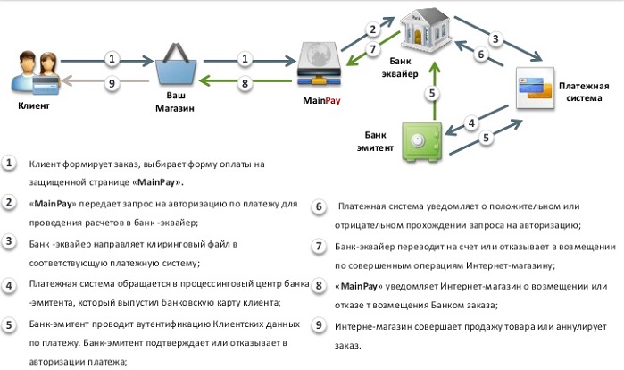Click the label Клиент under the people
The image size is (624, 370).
coord(34,105)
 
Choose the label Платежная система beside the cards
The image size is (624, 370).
coord(584,92)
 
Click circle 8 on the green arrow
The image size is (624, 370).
coord(245,84)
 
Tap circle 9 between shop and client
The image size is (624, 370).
coord(112,84)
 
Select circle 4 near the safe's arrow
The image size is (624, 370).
coord(472,122)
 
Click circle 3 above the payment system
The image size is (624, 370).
coord(496,38)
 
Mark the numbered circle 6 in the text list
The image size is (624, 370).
coord(320,206)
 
